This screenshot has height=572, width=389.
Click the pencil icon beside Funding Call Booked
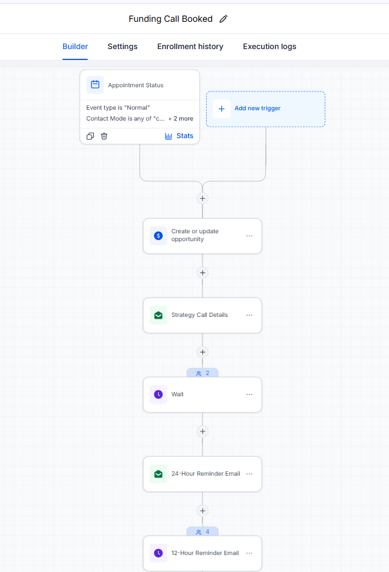click(x=224, y=19)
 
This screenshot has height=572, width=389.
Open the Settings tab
click(x=122, y=47)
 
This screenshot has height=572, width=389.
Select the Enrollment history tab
click(x=190, y=47)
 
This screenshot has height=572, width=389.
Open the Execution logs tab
click(x=270, y=47)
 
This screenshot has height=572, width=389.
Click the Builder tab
click(x=75, y=47)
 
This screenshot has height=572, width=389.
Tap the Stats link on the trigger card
click(x=179, y=136)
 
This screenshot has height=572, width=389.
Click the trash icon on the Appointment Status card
click(x=104, y=136)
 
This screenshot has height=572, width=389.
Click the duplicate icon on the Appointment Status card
click(x=90, y=136)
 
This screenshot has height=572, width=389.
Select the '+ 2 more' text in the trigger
click(x=181, y=119)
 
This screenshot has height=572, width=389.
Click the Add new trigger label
click(x=258, y=108)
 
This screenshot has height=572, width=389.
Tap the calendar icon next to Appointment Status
click(x=95, y=85)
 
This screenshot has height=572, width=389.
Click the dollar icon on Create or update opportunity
click(x=158, y=236)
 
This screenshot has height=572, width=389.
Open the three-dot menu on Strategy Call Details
click(x=249, y=315)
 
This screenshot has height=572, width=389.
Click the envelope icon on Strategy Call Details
click(x=158, y=315)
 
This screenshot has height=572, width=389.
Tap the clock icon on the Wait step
click(x=158, y=394)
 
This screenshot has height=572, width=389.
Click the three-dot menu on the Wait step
click(x=249, y=394)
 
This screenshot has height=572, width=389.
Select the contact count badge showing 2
click(x=202, y=373)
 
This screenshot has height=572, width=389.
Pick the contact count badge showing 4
click(x=202, y=531)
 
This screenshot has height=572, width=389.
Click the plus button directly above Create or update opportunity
click(x=202, y=199)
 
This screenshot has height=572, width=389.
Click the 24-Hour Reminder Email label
click(x=206, y=473)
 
